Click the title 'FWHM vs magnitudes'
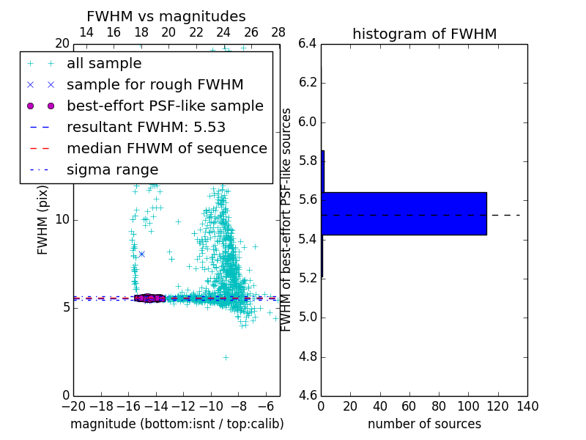(166, 17)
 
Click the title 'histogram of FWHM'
(424, 34)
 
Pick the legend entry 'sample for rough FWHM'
(155, 84)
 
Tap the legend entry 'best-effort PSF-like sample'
(165, 106)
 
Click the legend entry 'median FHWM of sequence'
(166, 148)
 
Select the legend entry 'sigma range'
(112, 169)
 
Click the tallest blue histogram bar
(404, 213)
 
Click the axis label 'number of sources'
(424, 424)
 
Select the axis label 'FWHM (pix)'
(43, 220)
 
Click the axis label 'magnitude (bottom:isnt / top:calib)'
(177, 424)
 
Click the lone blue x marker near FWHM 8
(141, 254)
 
